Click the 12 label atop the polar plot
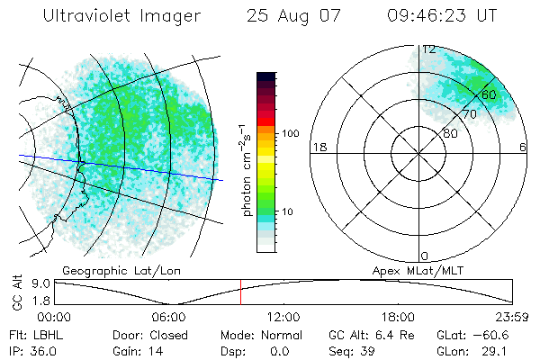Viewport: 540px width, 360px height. pos(429,49)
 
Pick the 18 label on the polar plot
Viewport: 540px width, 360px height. pos(318,147)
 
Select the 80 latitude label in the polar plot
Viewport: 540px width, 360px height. pos(449,133)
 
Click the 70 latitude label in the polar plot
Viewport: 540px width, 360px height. pos(469,114)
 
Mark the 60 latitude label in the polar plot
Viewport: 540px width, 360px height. pos(489,94)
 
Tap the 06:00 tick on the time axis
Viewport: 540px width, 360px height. pos(169,317)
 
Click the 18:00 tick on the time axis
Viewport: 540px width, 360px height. pos(398,317)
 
